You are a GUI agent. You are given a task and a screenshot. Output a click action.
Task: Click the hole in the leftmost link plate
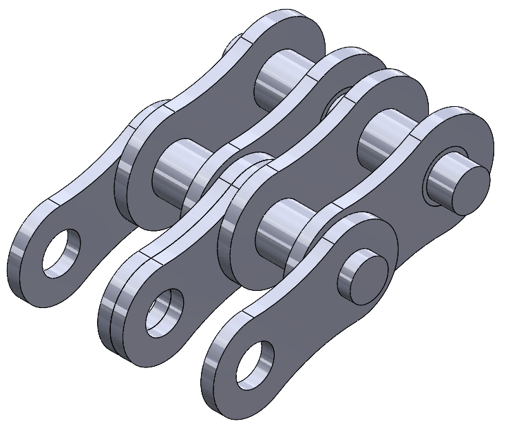point(61,252)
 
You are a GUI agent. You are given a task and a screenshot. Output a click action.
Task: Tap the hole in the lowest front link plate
point(255,363)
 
